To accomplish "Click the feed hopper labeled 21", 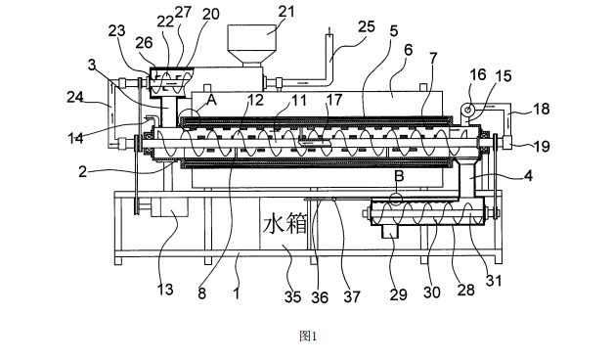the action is (252, 45).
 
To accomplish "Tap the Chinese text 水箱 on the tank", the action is (285, 225).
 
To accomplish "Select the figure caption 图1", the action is (308, 336).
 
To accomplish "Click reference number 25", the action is (367, 27).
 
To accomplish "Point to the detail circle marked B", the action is (396, 199).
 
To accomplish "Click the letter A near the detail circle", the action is (211, 100).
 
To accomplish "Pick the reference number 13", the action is (165, 290).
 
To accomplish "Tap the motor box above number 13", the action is (168, 206).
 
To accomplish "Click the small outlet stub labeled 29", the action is (390, 231).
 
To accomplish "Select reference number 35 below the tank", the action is (292, 296).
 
